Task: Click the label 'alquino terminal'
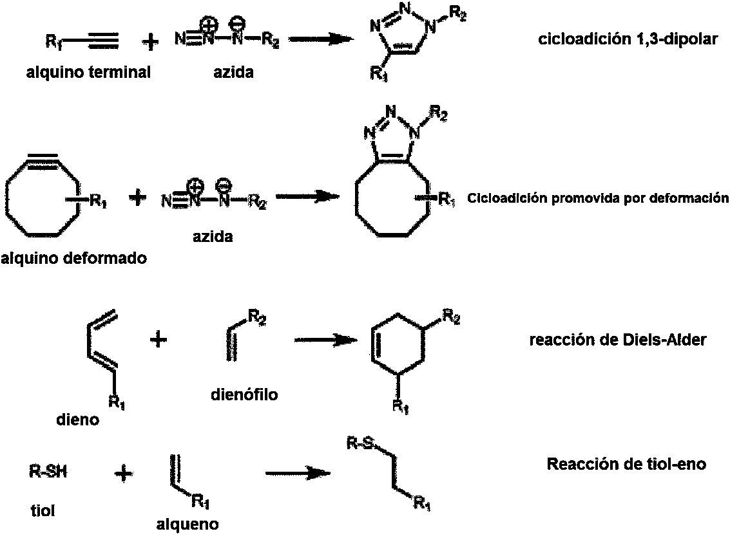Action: (x=88, y=72)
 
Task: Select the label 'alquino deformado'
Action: (x=73, y=259)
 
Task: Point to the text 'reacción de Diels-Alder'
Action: (x=617, y=340)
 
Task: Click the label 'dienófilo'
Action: (x=244, y=394)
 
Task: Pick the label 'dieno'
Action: (x=77, y=420)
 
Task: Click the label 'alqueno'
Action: (x=187, y=524)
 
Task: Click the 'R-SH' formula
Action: (x=48, y=472)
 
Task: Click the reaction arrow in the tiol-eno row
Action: (x=298, y=473)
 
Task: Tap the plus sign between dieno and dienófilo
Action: (x=157, y=339)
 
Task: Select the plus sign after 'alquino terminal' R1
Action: (x=149, y=42)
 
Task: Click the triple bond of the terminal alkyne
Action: (x=100, y=42)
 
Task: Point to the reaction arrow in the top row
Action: (x=323, y=39)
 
